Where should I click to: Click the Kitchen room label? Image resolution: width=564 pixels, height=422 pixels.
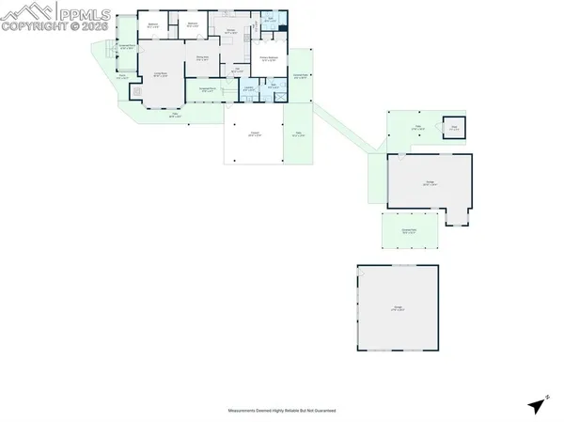pyautogui.click(x=228, y=31)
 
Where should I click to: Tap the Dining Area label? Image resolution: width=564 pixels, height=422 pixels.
pyautogui.click(x=201, y=58)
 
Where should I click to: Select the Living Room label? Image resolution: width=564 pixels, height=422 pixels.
pyautogui.click(x=161, y=75)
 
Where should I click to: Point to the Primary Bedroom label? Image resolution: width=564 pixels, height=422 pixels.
pyautogui.click(x=268, y=57)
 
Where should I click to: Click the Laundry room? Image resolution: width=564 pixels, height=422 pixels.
pyautogui.click(x=249, y=89)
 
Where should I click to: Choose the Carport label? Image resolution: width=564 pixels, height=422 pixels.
pyautogui.click(x=254, y=134)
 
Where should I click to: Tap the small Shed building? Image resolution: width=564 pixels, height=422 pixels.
pyautogui.click(x=453, y=128)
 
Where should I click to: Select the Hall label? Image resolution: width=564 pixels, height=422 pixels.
pyautogui.click(x=239, y=70)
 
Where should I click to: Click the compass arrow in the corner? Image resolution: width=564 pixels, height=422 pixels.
pyautogui.click(x=536, y=405)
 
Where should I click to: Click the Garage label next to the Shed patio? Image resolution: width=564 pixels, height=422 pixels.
pyautogui.click(x=429, y=184)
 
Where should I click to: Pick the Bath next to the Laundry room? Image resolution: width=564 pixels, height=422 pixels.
pyautogui.click(x=272, y=86)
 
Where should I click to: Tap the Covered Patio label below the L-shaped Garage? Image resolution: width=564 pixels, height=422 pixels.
pyautogui.click(x=409, y=229)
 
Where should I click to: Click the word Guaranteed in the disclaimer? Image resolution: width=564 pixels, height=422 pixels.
pyautogui.click(x=325, y=411)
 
